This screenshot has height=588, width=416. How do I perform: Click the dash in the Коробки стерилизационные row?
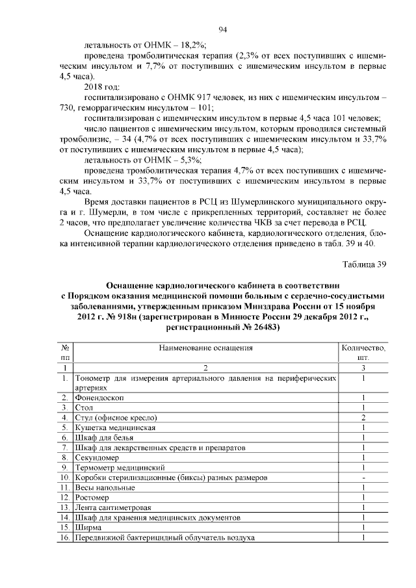tap(364, 478)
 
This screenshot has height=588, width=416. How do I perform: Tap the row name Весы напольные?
tap(105, 487)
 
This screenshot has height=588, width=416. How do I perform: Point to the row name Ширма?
tap(88, 528)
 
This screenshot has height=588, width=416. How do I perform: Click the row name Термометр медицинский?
tap(117, 467)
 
